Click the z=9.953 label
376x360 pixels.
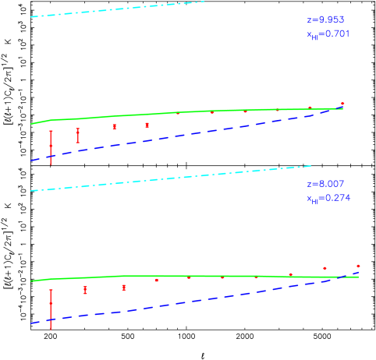[325, 19]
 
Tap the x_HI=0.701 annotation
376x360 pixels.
[328, 34]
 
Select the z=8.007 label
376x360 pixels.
[325, 184]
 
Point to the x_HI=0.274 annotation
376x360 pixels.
[328, 199]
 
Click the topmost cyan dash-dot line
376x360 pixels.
[117, 9]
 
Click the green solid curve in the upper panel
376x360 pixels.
[195, 112]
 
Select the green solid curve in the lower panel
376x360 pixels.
[195, 277]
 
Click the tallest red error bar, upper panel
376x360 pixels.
[51, 146]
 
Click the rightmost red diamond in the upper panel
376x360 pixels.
[342, 103]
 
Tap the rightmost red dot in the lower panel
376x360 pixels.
[358, 266]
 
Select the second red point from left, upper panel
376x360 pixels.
[78, 136]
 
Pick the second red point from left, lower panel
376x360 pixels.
[85, 290]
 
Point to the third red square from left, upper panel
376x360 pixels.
[114, 127]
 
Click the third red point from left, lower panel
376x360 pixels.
[123, 288]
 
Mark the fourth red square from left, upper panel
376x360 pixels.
[147, 125]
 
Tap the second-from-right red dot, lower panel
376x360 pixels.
[325, 268]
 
